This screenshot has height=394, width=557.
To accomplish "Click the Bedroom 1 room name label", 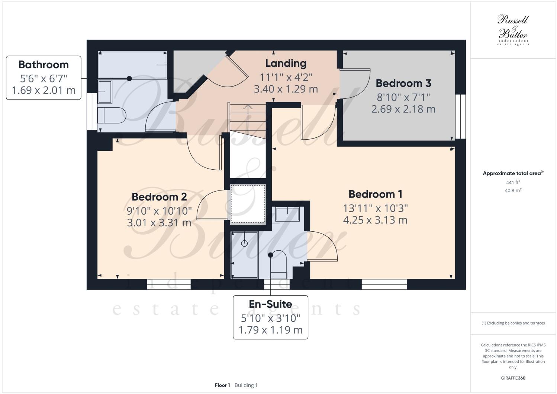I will click(375, 194).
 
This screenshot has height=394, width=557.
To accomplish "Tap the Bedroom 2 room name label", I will click(159, 197).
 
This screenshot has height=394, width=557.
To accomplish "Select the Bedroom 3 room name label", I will click(403, 83).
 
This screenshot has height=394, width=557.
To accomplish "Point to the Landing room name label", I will click(286, 64).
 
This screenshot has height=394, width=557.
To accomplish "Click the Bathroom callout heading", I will click(44, 65).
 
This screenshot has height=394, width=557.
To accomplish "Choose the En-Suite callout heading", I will click(270, 304).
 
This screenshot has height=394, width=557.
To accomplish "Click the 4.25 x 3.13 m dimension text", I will click(375, 220).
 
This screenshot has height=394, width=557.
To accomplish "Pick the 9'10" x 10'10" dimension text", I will click(159, 211).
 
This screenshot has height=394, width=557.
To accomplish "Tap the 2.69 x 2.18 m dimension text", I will click(403, 109).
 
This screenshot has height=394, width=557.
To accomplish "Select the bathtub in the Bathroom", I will click(132, 65).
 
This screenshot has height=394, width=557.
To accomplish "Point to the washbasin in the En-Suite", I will click(287, 214).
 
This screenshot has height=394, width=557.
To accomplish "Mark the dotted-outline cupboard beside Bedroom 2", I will click(248, 204).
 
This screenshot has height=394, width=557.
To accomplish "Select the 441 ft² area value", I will click(513, 182).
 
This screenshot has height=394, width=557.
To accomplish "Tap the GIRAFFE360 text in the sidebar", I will click(513, 378).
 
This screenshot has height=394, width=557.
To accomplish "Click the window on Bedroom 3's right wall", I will click(460, 117).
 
